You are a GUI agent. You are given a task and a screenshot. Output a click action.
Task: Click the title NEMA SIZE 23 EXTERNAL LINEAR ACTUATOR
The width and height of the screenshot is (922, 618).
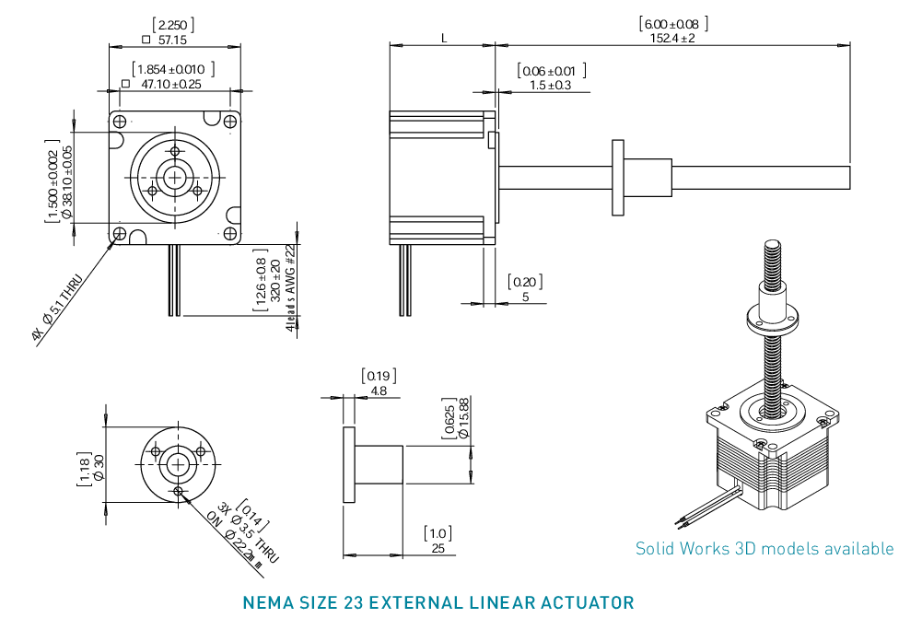pos(438,603)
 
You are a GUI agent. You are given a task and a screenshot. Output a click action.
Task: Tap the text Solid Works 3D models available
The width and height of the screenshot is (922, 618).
pos(764,549)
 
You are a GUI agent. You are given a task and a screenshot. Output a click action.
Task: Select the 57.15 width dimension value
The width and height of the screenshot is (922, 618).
pos(172,41)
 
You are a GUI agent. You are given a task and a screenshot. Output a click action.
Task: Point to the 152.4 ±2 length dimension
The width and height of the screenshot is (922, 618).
pos(672,39)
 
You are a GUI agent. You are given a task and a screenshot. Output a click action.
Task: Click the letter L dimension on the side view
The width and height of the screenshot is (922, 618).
pos(444,39)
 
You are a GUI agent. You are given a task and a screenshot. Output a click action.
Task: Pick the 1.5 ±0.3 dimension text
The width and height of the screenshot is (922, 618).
pos(551,85)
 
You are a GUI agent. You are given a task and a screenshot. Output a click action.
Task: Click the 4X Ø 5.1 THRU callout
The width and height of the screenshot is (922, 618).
pos(59,309)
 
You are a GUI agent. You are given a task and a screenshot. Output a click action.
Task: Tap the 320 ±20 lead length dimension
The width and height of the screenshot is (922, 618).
pos(274,280)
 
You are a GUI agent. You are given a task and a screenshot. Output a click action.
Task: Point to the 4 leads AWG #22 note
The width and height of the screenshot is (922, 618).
pos(290,287)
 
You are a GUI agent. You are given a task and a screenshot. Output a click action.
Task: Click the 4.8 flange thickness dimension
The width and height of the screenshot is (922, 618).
pos(378,391)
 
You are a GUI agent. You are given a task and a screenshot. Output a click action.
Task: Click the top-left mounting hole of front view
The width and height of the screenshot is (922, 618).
pos(119,121)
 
